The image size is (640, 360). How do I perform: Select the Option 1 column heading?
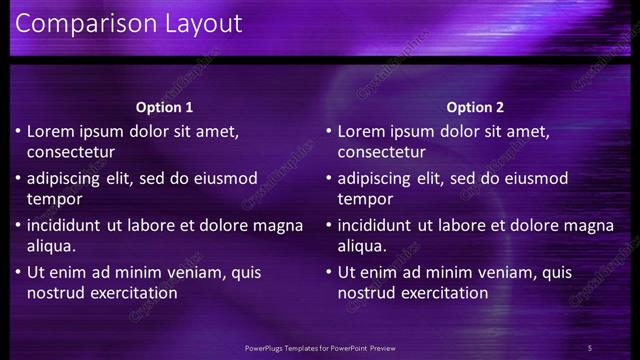pos(164,107)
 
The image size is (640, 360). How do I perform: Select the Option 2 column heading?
pos(475,107)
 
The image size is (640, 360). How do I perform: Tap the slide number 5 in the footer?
pos(590,347)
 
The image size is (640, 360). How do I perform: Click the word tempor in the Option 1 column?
pos(52,199)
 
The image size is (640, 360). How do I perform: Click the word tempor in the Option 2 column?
pos(363,199)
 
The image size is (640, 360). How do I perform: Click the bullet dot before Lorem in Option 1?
pos(17,131)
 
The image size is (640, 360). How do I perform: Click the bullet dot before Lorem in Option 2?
pos(328,131)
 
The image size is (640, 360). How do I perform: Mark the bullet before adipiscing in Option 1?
pos(17,178)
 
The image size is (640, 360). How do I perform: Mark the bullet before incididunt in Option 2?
pos(328,225)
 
